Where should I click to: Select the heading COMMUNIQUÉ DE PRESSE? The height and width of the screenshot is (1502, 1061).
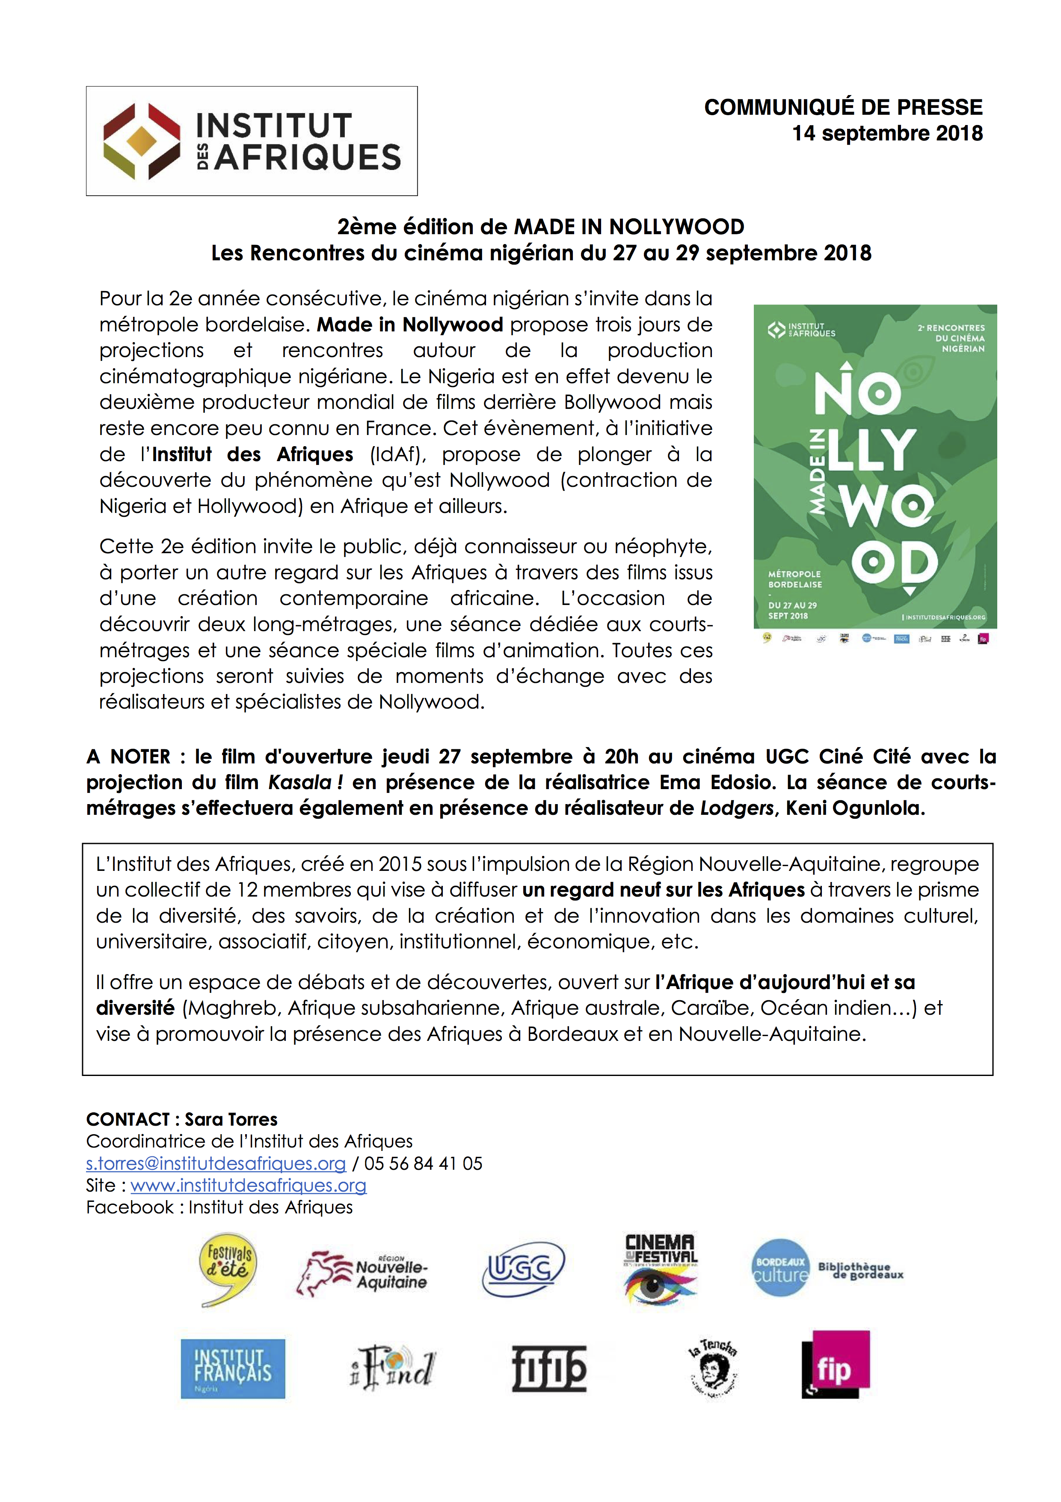click(843, 107)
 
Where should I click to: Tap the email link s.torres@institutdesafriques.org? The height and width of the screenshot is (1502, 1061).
click(216, 1164)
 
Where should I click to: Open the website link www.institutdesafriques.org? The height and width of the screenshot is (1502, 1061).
click(249, 1186)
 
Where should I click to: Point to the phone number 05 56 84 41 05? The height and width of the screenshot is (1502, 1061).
click(423, 1164)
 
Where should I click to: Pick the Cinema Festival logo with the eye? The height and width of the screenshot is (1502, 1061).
click(660, 1269)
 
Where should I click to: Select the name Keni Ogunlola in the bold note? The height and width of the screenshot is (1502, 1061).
click(854, 808)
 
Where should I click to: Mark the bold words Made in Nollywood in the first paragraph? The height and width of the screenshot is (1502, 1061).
click(410, 325)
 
